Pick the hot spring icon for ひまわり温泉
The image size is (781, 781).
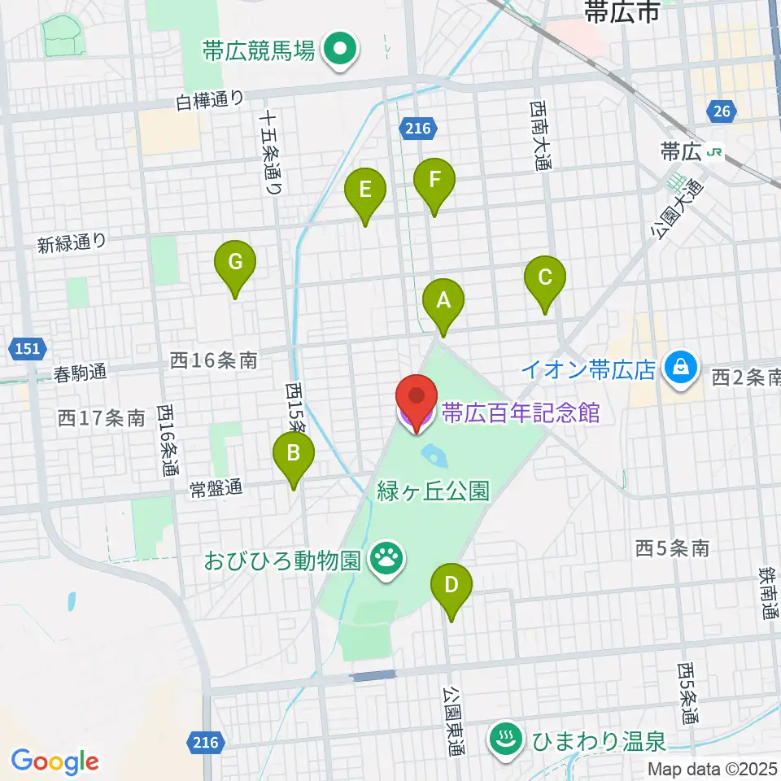tap(503, 740)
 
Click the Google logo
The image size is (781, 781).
tap(55, 761)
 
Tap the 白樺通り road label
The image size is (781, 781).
tap(210, 102)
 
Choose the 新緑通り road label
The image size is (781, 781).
tap(72, 242)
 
